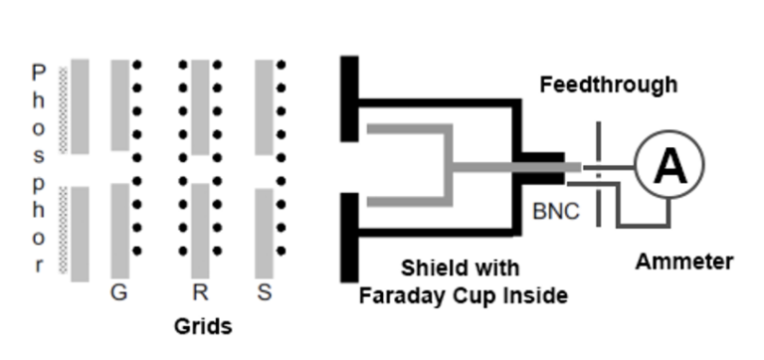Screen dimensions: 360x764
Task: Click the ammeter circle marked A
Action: pos(668,165)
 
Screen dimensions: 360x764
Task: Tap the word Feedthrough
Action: pos(608,86)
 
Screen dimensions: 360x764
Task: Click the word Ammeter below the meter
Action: pos(683,263)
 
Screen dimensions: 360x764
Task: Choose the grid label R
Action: pos(200,292)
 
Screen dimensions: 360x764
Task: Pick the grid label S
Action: pos(264,292)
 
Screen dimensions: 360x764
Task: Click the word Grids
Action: pos(203,326)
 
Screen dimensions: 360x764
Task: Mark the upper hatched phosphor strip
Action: pos(65,109)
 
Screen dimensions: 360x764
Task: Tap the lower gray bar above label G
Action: pos(119,231)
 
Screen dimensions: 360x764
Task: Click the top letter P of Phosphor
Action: pos(39,73)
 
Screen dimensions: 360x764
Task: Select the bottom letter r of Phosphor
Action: pos(39,266)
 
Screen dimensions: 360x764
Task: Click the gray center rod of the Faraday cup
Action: pos(497,166)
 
